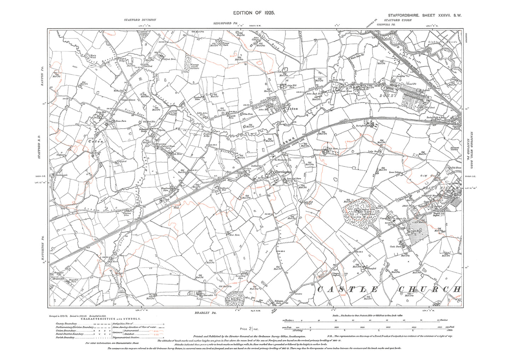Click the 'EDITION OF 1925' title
(254, 13)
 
